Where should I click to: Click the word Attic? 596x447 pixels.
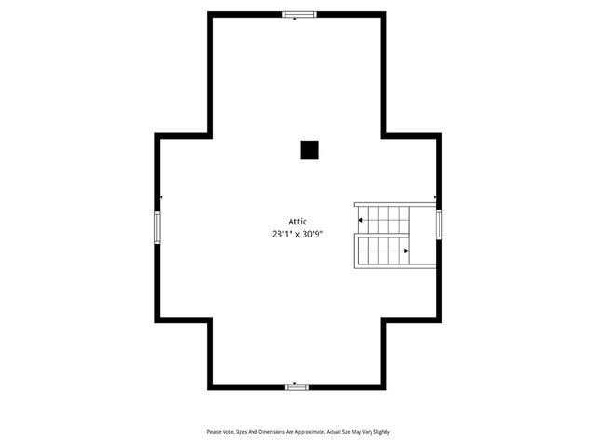297,221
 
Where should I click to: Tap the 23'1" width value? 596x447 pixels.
280,236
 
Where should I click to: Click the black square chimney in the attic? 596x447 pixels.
309,150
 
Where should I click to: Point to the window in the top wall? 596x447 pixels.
299,15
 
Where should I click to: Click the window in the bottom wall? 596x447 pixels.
297,386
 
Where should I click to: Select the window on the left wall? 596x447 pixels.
157,226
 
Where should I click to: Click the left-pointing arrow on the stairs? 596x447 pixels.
361,220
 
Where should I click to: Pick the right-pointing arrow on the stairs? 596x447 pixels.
406,251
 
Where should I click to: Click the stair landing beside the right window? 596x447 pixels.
423,236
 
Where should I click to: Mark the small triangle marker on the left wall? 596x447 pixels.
162,198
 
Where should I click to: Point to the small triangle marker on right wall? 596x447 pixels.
435,198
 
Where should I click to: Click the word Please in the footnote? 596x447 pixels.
213,432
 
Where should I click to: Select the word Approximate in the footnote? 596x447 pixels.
307,432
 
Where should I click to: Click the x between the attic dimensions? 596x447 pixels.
297,236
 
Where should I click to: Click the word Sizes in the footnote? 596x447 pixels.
240,432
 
